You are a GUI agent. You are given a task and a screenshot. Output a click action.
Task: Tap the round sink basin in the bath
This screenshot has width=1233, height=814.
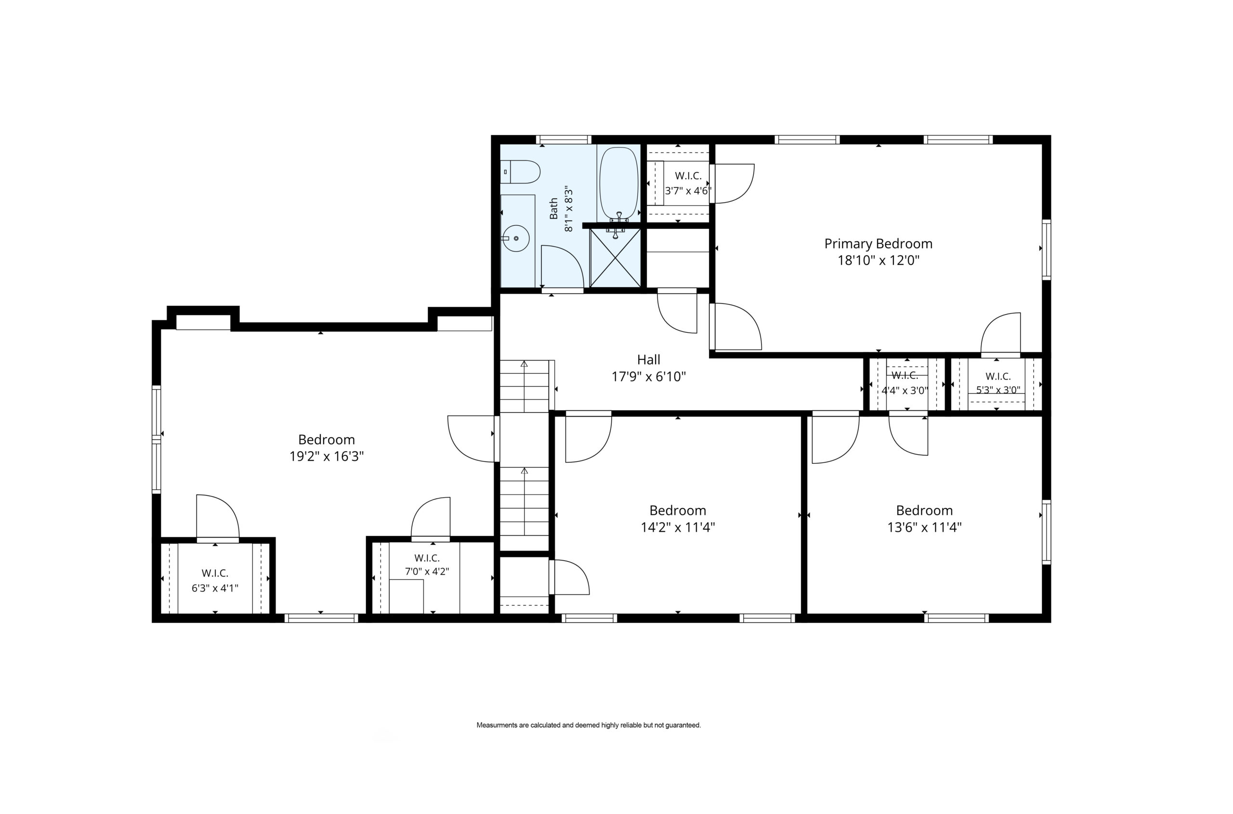516,238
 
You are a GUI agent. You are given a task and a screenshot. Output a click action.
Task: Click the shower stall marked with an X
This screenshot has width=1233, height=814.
615,258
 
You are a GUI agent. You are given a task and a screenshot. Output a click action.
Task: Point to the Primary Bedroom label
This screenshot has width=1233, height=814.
879,243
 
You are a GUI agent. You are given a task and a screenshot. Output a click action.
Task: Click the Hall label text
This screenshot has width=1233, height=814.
648,359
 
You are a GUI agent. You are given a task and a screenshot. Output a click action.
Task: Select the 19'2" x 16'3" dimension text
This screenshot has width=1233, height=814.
327,456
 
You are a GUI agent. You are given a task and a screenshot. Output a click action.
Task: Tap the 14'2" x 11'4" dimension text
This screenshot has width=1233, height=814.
678,527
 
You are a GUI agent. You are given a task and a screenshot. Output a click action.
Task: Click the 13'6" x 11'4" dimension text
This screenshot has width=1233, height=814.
924,527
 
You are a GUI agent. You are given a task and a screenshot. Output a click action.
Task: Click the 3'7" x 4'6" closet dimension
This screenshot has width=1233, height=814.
688,191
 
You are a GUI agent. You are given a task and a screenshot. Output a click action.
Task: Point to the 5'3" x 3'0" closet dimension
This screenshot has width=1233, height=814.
998,390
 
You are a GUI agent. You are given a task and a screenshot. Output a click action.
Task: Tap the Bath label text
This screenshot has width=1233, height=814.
554,209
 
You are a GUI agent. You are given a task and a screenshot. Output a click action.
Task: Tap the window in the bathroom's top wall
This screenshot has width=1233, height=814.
564,140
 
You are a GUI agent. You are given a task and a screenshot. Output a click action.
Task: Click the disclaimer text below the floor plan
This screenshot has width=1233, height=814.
589,725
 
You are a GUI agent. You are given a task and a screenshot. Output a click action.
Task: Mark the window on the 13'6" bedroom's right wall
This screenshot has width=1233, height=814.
1046,532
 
